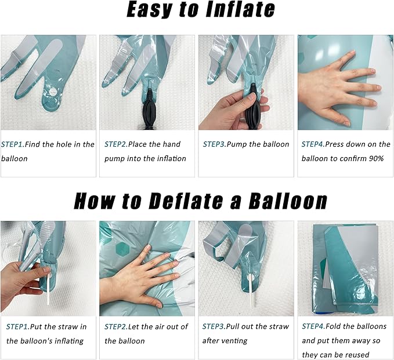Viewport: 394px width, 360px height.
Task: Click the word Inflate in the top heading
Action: tap(240, 9)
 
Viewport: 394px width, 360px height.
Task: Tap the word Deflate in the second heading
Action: tap(186, 201)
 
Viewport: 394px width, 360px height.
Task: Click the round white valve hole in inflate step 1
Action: tap(53, 92)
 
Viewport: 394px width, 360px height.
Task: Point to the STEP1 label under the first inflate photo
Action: tap(13, 144)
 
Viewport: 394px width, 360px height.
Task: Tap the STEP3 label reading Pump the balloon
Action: tap(214, 144)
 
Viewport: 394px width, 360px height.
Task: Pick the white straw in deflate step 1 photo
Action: tap(47, 289)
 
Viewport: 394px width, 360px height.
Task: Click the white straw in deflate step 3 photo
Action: tap(252, 291)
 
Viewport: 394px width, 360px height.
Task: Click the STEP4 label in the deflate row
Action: tap(313, 326)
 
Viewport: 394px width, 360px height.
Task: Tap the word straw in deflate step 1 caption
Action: tap(68, 326)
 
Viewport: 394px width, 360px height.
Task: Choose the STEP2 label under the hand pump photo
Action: tap(116, 144)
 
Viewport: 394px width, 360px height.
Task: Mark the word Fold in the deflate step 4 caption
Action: tap(333, 326)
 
